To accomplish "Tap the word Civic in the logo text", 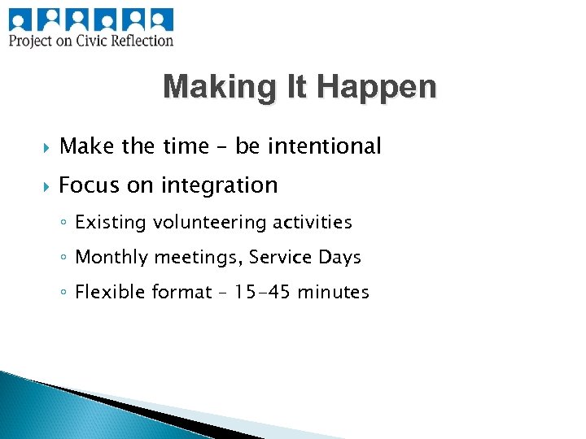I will coord(101,40).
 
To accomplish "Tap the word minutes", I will coord(333,291).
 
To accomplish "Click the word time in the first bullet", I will coord(186,146).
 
